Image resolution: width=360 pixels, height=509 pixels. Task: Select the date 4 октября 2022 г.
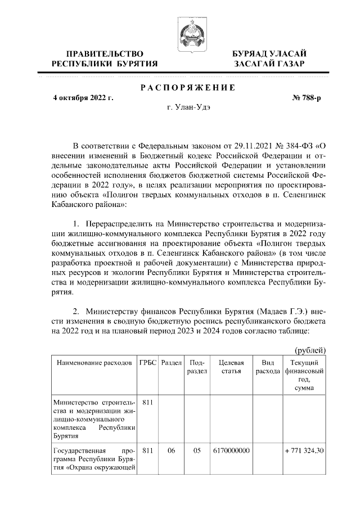tap(83, 98)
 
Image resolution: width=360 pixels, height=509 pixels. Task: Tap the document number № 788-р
tap(306, 98)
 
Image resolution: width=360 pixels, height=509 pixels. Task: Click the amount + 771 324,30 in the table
tap(304, 451)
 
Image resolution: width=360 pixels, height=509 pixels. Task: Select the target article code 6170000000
tap(231, 451)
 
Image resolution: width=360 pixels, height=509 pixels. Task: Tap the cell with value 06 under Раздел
tap(171, 451)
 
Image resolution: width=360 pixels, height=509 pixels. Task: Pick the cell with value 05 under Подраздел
tap(197, 451)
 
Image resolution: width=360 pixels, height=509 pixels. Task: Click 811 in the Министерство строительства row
tap(148, 403)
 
